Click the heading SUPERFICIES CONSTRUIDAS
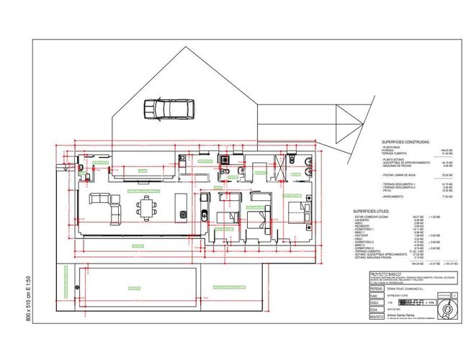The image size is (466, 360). tap(405, 142)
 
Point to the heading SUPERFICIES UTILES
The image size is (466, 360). tap(373, 212)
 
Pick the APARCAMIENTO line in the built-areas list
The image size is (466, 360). tap(393, 196)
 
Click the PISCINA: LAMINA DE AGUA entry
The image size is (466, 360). tap(400, 175)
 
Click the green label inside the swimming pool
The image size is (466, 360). tap(134, 288)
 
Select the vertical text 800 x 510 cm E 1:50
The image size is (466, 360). tap(29, 298)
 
